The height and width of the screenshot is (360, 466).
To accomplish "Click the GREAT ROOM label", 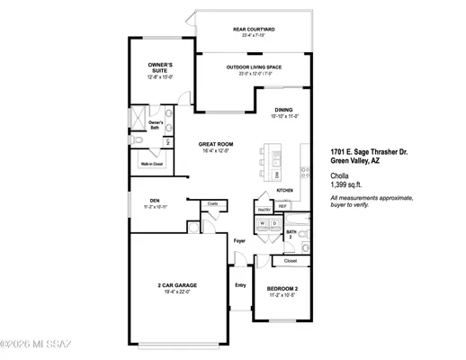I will point(219,144).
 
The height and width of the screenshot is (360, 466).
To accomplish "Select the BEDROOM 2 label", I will point(282,288).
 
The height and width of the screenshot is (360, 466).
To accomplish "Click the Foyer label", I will point(240,241).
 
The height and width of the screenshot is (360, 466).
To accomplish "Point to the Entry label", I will point(240,285).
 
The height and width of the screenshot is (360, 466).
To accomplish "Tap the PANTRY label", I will point(264,206).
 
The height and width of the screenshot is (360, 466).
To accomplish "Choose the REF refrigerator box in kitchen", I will point(282,206).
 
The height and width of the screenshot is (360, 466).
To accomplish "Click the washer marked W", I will point(263,222).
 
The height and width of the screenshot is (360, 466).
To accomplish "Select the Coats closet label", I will point(213,203).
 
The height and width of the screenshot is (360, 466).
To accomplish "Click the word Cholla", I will point(340,175).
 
